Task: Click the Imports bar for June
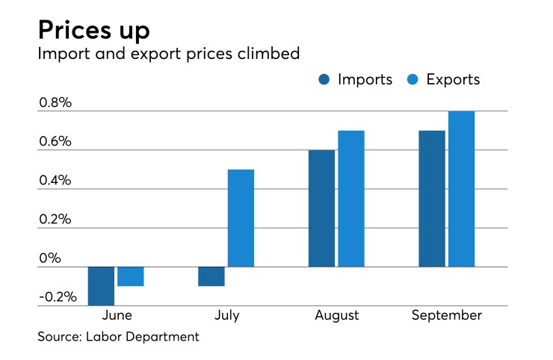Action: [101, 285]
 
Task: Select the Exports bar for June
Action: [130, 276]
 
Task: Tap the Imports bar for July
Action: [211, 276]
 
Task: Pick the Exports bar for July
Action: [241, 218]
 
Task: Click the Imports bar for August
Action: [321, 208]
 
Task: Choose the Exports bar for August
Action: [350, 199]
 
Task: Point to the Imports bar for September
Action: [432, 199]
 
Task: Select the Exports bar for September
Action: [461, 189]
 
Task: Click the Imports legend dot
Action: [325, 80]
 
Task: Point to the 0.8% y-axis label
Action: [55, 103]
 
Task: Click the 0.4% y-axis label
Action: [55, 181]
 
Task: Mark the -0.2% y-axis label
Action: [57, 297]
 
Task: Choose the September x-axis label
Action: [447, 315]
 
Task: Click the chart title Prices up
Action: [94, 31]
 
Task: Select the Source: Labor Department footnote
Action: [119, 337]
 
